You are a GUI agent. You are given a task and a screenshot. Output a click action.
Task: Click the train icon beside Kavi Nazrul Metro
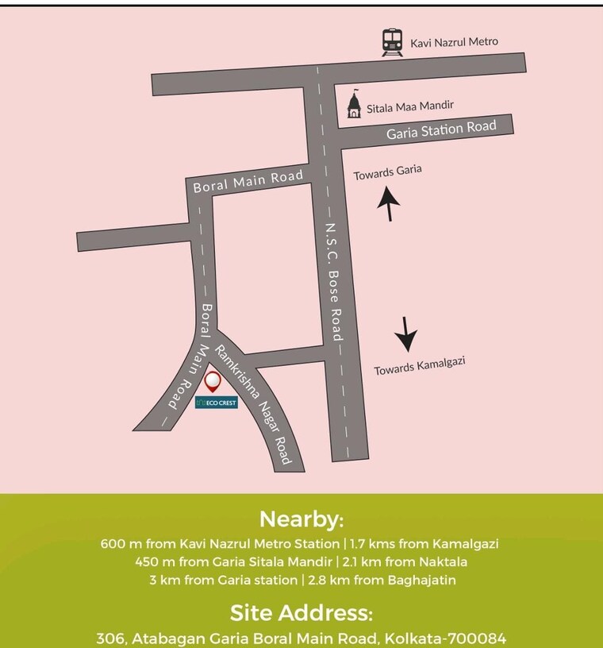(x=392, y=42)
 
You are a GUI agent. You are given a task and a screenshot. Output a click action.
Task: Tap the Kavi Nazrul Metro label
(x=454, y=42)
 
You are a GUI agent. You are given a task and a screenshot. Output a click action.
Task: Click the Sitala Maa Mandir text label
(x=415, y=105)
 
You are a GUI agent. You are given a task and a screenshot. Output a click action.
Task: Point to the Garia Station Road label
(x=441, y=129)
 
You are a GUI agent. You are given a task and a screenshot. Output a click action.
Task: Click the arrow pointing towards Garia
(x=388, y=203)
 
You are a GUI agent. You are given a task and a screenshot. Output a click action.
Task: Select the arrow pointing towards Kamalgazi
(x=407, y=334)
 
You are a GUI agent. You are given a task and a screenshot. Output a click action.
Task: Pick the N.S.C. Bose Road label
(x=332, y=281)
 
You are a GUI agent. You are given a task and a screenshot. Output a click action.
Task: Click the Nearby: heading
(x=301, y=520)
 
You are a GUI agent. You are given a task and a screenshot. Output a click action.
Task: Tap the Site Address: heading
(x=301, y=613)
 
